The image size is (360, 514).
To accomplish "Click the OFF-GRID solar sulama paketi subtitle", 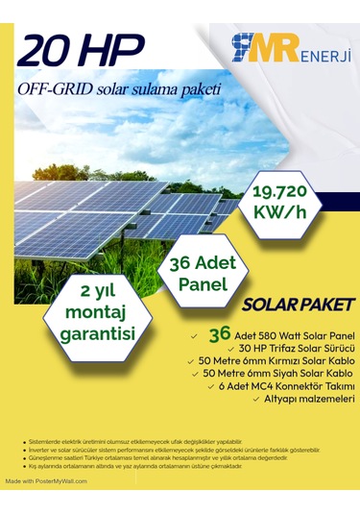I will click(120, 90).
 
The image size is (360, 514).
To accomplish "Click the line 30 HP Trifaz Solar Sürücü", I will click(283, 347).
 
